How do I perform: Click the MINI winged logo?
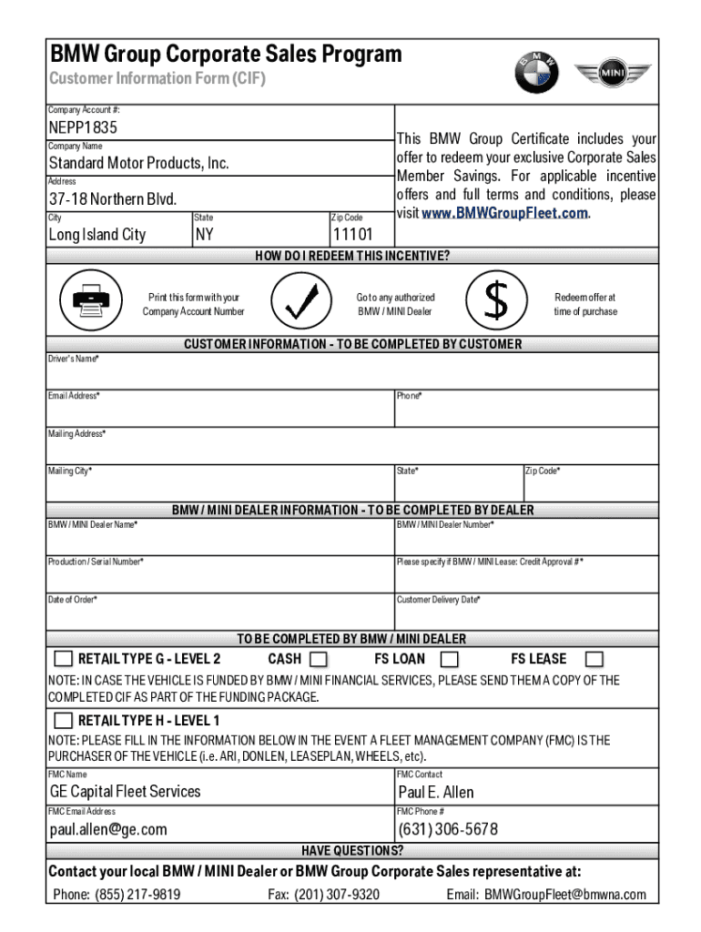click(612, 72)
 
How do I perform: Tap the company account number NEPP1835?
click(83, 127)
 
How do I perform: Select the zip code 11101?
click(353, 235)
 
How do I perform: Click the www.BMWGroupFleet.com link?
click(504, 213)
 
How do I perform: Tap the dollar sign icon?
click(496, 301)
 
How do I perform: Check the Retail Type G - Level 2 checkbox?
click(63, 659)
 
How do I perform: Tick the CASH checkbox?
click(319, 659)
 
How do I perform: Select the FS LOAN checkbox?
click(449, 659)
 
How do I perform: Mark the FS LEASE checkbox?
click(594, 659)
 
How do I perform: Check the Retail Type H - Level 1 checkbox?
click(63, 721)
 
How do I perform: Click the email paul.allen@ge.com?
click(108, 829)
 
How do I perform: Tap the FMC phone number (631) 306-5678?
click(448, 829)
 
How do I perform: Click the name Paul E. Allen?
click(436, 792)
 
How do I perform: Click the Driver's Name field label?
click(73, 359)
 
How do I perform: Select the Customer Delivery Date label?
click(439, 600)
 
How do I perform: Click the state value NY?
click(205, 235)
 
